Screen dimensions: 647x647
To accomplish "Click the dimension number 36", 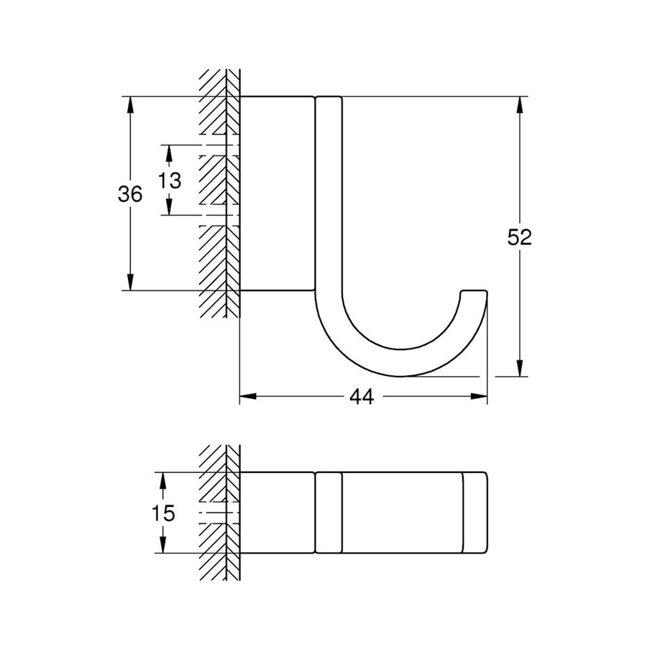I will tap(130, 193).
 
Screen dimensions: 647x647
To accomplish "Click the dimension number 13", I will tap(170, 180).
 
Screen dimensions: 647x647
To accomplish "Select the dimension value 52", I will tap(518, 238).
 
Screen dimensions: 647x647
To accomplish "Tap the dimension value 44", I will tap(362, 396).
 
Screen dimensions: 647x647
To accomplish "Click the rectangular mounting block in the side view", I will tap(277, 193).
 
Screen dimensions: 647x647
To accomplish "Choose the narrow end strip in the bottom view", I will tap(475, 513).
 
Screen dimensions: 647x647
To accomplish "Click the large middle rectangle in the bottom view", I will tap(401, 513).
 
